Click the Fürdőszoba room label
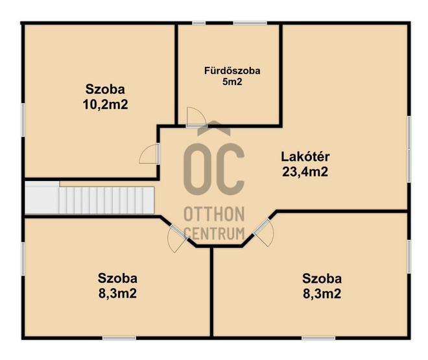[x=232, y=71]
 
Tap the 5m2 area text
[x=232, y=82]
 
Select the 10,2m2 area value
[x=105, y=104]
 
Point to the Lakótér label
[x=305, y=157]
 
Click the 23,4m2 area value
[x=305, y=172]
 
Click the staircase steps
[x=106, y=200]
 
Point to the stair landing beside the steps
[x=42, y=197]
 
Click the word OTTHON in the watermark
[x=214, y=214]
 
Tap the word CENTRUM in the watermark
[x=214, y=234]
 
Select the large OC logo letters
[x=214, y=169]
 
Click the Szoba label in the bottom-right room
[x=322, y=279]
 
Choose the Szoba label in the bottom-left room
[x=117, y=278]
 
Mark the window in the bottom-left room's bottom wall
[x=119, y=338]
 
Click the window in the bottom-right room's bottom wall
[x=318, y=338]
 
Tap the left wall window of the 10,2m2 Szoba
[x=23, y=120]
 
